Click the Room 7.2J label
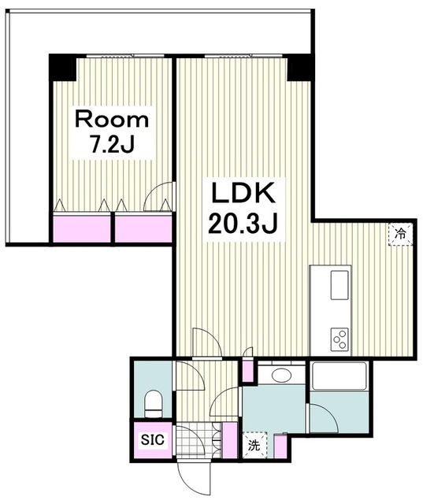tap(112, 132)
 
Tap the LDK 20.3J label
tap(243, 208)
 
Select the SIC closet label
tap(153, 439)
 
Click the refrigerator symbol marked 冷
tap(400, 235)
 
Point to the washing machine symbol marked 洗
tap(254, 445)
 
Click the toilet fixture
tap(154, 404)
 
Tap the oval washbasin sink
tap(281, 375)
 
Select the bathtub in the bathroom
tap(340, 376)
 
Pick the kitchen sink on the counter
tap(340, 285)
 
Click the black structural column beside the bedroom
tap(62, 68)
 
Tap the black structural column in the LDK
tap(299, 68)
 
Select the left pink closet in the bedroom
tap(82, 229)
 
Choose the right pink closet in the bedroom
tap(143, 229)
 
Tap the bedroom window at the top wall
tap(125, 56)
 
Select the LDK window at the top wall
tap(243, 56)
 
